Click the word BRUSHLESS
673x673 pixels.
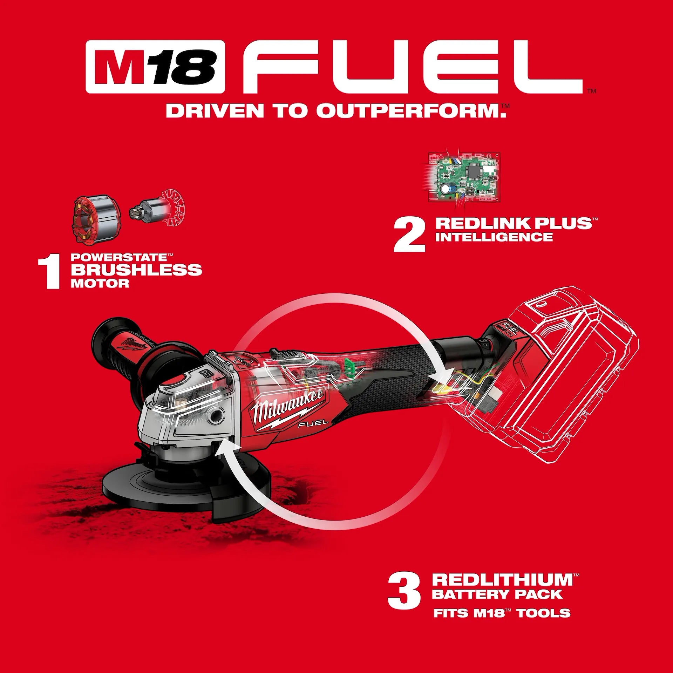pos(137,270)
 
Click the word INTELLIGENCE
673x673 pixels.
pos(494,237)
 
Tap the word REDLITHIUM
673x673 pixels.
pos(502,580)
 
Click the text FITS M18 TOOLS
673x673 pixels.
pos(502,613)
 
